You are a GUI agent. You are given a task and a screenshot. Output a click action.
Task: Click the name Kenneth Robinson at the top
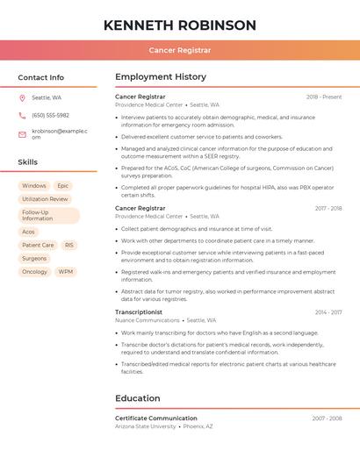[180, 25]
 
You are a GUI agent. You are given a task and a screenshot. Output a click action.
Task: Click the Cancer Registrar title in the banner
[180, 51]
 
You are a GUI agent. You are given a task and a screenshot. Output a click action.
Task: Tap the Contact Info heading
[41, 77]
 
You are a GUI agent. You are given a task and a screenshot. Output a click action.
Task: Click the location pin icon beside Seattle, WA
[22, 97]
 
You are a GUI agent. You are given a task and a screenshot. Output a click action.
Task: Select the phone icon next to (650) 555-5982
[22, 115]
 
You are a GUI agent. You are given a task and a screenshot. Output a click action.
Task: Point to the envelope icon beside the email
[22, 134]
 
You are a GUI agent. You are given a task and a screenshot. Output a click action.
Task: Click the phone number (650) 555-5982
[50, 115]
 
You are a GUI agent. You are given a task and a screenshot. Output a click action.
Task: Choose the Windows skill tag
[34, 186]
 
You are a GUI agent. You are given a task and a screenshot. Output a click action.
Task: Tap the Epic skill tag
[63, 186]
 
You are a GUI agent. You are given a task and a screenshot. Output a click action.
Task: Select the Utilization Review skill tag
[45, 199]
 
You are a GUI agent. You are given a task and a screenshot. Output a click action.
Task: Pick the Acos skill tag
[28, 232]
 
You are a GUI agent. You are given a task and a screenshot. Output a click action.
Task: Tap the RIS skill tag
[69, 246]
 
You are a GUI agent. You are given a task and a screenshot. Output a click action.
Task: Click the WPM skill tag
[66, 272]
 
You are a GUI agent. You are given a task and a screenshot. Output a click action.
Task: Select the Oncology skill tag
[35, 272]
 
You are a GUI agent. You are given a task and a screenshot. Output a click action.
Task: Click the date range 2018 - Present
[324, 97]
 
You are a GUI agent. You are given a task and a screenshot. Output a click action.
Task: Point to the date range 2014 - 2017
[328, 312]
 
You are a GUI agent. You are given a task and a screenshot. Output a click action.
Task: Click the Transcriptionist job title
[139, 312]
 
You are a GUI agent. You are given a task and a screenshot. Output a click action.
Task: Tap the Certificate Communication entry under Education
[156, 418]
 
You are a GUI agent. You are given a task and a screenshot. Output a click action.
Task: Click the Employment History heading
[161, 77]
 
